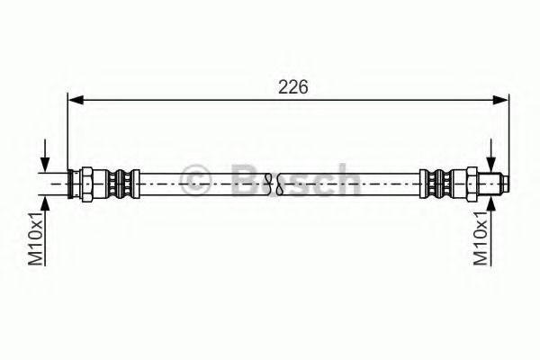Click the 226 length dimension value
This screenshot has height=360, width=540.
(x=293, y=86)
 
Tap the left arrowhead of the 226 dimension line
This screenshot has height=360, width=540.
(x=76, y=100)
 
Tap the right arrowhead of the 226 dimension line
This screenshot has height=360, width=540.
(x=500, y=100)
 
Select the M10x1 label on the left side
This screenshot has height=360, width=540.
(x=36, y=238)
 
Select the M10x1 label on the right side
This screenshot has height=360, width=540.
(x=481, y=238)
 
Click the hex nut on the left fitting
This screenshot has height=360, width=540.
(x=86, y=184)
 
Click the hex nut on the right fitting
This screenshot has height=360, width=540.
(x=472, y=184)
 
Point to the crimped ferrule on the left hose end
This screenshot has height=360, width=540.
(x=122, y=184)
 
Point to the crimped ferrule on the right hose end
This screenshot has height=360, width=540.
(x=436, y=184)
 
